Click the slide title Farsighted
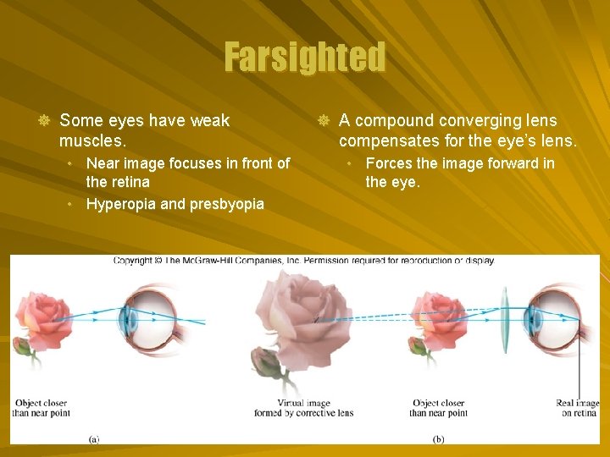(x=304, y=58)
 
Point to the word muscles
(x=91, y=140)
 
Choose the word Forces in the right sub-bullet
(x=389, y=163)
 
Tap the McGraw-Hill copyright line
(x=303, y=261)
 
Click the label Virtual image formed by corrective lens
(x=303, y=408)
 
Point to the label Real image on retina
(x=577, y=408)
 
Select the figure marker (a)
(x=94, y=438)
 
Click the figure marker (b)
(x=438, y=438)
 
